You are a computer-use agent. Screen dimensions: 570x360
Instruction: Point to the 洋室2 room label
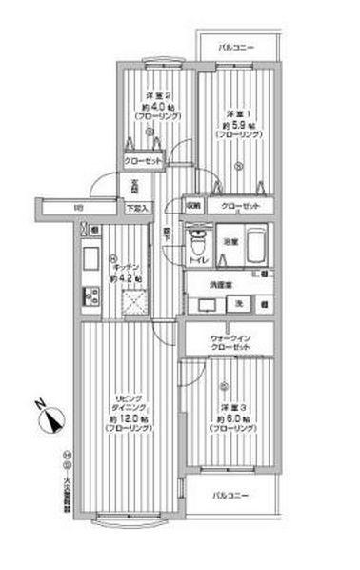tap(157, 95)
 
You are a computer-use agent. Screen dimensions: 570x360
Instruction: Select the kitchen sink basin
tap(90, 257)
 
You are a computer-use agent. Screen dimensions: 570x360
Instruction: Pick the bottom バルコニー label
tap(230, 496)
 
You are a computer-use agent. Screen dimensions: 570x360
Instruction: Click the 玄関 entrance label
tap(136, 186)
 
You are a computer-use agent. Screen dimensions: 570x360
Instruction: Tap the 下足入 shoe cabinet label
tap(137, 206)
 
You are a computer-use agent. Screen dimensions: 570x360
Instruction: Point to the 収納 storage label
tap(193, 203)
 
